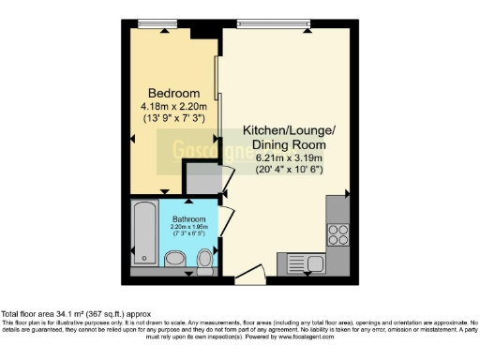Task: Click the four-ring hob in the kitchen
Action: (338, 231)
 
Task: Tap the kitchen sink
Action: (306, 262)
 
